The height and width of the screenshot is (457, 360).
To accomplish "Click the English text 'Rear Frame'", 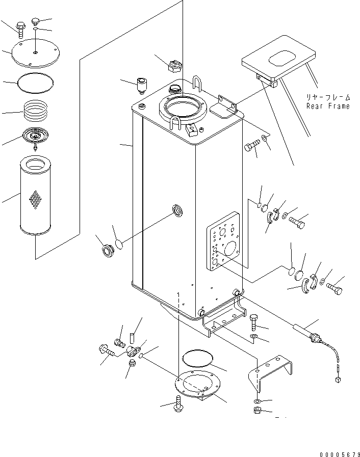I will [328, 106].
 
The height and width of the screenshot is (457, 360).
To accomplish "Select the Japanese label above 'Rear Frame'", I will [328, 97].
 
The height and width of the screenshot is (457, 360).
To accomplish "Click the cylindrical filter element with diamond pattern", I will [35, 199].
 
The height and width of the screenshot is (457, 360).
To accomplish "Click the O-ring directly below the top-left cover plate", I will [35, 82].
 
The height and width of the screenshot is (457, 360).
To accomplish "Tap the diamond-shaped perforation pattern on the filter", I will [35, 200].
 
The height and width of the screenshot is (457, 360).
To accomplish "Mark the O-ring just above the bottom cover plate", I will [197, 358].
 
